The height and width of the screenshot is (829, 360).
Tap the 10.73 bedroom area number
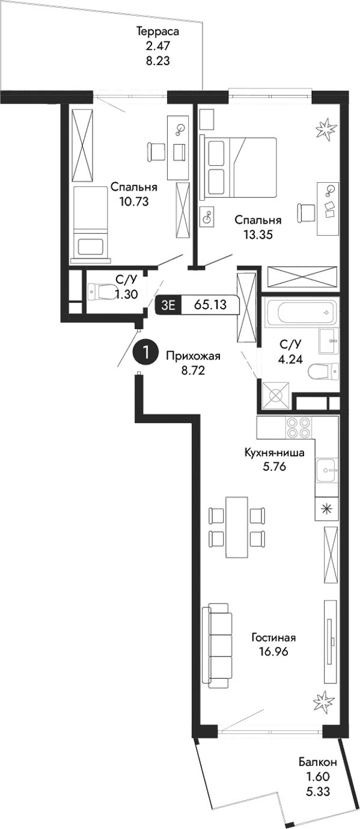pos(133,201)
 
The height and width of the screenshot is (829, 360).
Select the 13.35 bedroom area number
pos(258,235)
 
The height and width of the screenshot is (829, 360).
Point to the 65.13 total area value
pos(210,305)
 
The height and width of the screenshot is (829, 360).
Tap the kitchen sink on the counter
pos(328,468)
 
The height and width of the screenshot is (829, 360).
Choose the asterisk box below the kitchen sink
pos(326,509)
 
